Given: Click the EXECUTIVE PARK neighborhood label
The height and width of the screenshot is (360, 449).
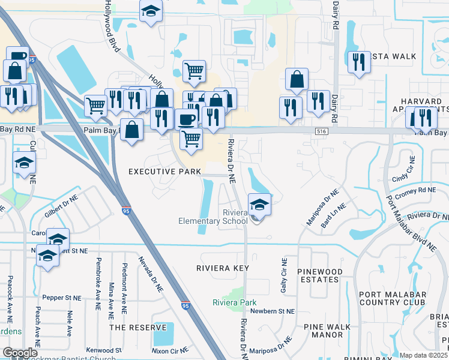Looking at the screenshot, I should [165, 172].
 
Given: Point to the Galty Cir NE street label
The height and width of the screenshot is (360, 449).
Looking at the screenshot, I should [284, 276].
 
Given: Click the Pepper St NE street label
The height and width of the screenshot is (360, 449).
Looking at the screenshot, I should [61, 297].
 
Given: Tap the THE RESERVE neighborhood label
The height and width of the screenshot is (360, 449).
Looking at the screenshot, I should [137, 328].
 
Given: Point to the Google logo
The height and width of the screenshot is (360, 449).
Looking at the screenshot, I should [20, 353].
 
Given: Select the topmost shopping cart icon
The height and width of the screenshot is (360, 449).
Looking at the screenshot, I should [194, 71].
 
